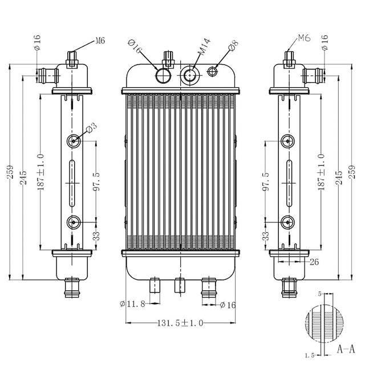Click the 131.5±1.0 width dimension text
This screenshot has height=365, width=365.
click(x=180, y=323)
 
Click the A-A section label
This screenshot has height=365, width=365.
click(x=346, y=348)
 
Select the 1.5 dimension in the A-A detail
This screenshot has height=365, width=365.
click(x=310, y=355)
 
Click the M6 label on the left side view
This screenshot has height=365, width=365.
click(x=100, y=40)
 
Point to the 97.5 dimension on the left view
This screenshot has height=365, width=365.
click(x=96, y=182)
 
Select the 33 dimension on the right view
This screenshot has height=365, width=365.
click(x=266, y=235)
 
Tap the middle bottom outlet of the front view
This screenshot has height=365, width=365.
click(x=180, y=283)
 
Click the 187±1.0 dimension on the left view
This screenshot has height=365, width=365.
click(x=40, y=172)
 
